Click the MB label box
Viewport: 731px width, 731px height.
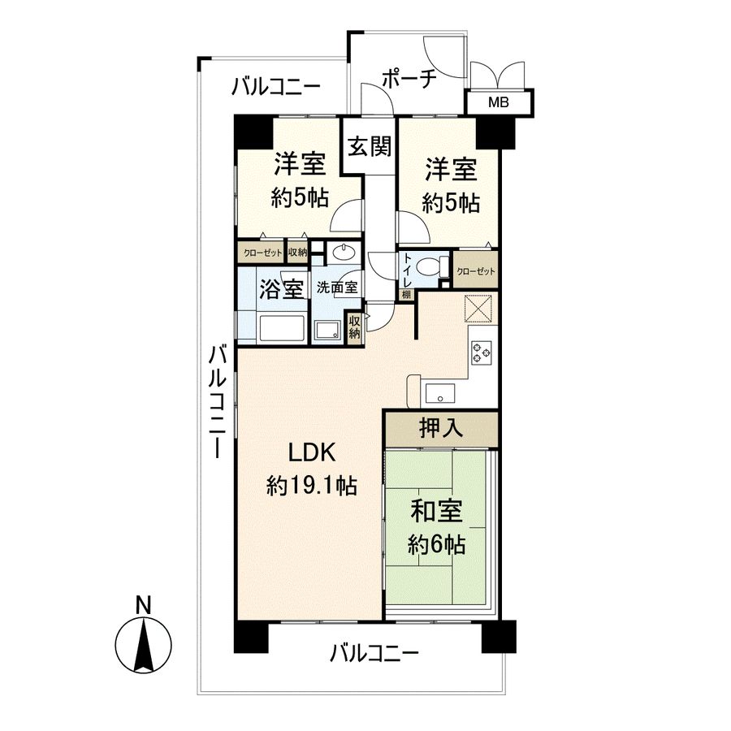[x=499, y=102]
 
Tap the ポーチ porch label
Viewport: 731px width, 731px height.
[x=409, y=79]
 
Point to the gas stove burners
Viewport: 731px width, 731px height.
[x=481, y=352]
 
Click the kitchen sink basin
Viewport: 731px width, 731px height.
[x=440, y=392]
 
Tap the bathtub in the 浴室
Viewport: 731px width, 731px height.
[x=282, y=328]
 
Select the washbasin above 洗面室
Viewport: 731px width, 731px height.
[x=344, y=253]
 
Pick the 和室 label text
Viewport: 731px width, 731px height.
[x=436, y=511]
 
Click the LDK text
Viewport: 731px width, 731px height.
[x=312, y=452]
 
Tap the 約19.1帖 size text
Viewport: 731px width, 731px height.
[x=311, y=487]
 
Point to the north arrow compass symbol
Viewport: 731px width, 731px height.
[x=144, y=644]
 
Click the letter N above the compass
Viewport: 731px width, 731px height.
[x=144, y=604]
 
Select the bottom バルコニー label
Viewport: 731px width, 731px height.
[x=374, y=653]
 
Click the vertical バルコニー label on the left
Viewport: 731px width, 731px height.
[x=217, y=401]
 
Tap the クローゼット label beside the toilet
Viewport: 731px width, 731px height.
[x=475, y=270]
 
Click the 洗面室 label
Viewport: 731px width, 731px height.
[x=337, y=288]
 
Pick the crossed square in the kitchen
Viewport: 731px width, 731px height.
[x=480, y=308]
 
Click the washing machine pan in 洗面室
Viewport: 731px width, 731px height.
[x=328, y=331]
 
